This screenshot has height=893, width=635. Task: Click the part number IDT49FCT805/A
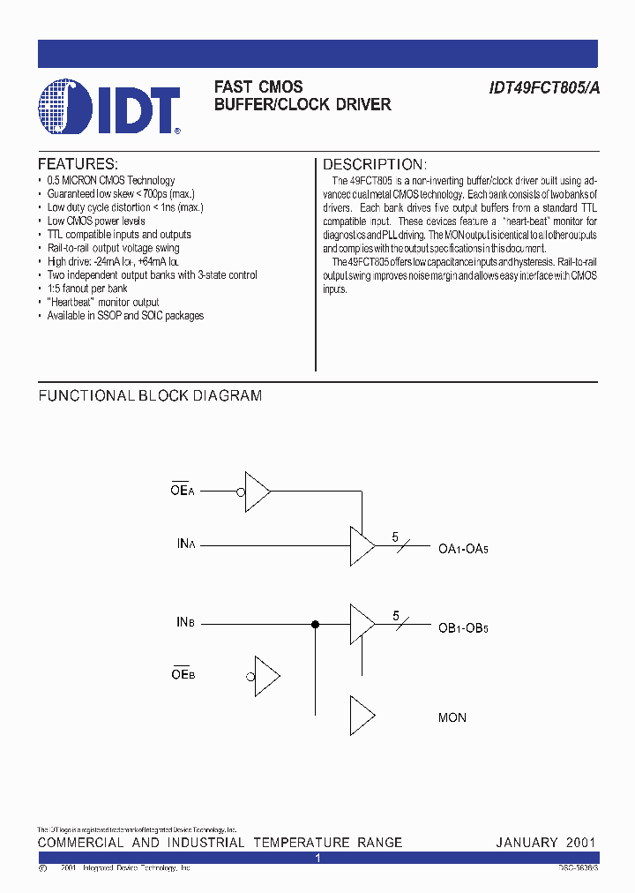tap(542, 87)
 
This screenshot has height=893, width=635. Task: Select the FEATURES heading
tap(78, 164)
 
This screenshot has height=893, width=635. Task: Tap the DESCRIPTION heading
tap(375, 165)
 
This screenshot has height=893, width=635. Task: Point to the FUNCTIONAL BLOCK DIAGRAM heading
tap(150, 396)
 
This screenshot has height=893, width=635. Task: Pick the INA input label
tap(185, 544)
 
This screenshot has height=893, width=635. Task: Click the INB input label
tap(185, 623)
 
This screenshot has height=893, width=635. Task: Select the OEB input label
tap(183, 675)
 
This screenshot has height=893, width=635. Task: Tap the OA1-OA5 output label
tap(463, 548)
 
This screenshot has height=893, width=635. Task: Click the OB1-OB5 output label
tap(463, 627)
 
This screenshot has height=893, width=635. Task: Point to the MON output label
tap(452, 718)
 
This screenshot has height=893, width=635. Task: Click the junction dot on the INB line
tap(315, 624)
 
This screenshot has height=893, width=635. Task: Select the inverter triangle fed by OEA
tap(257, 491)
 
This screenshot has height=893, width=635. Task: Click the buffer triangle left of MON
tap(362, 717)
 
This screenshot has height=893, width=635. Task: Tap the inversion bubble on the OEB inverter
tap(251, 677)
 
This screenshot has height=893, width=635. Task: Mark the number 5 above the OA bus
tap(395, 537)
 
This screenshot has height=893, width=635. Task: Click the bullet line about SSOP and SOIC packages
tap(125, 316)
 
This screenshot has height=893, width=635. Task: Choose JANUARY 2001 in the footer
tap(546, 843)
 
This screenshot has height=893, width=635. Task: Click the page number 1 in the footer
tap(317, 858)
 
